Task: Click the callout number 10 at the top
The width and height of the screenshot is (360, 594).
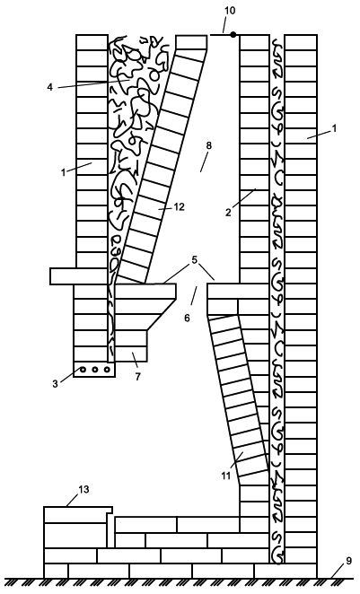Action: (230, 10)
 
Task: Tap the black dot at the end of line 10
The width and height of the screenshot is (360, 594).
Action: (233, 34)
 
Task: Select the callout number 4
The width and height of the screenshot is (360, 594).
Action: (50, 87)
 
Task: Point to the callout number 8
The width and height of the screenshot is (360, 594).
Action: (209, 146)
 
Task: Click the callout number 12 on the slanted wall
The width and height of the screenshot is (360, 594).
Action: (179, 207)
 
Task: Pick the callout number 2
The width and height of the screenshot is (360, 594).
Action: (228, 213)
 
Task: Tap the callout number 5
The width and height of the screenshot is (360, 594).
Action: (195, 260)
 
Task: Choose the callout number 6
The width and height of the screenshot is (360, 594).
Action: (188, 319)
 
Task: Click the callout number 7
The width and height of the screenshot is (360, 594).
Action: (138, 377)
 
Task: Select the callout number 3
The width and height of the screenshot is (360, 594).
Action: (56, 383)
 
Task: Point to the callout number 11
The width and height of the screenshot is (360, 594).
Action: (226, 476)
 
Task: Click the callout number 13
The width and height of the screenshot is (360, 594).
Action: (83, 489)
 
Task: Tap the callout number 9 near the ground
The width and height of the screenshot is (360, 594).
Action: (349, 561)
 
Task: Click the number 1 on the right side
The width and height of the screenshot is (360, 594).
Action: (334, 129)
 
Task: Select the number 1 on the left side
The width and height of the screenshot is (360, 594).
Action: (63, 172)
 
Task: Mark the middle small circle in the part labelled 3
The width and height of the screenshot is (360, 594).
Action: (95, 369)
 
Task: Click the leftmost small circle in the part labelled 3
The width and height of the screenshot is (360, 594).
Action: (83, 369)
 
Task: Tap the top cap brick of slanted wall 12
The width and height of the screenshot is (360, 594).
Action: (192, 42)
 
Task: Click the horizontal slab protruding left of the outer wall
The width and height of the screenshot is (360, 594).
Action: (79, 276)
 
